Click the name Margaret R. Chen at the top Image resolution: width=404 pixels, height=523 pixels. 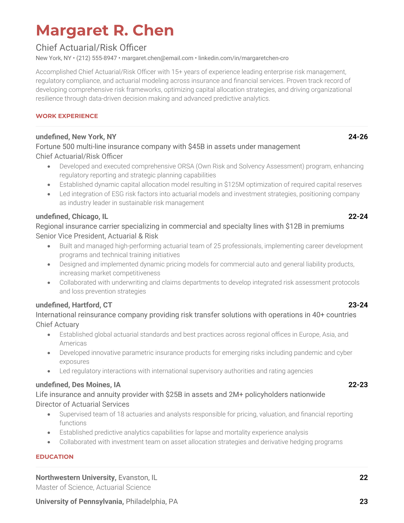tap(105, 30)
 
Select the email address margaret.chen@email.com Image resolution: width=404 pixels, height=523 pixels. tap(157, 58)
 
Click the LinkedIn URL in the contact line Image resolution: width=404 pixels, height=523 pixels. tap(243, 58)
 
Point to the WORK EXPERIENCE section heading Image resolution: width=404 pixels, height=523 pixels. tap(67, 116)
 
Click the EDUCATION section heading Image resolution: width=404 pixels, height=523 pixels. tap(54, 457)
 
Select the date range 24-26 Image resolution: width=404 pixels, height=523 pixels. tap(358, 137)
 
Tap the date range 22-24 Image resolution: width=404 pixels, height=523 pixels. tap(358, 216)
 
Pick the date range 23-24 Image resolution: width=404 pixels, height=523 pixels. tap(358, 305)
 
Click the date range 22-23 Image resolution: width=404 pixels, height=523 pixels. tap(358, 385)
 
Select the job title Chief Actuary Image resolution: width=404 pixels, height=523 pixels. tap(57, 325)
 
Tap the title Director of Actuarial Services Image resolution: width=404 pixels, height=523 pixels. tap(83, 404)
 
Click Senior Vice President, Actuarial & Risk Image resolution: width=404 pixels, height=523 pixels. tap(97, 236)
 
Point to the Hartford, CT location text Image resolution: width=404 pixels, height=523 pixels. tap(92, 305)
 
